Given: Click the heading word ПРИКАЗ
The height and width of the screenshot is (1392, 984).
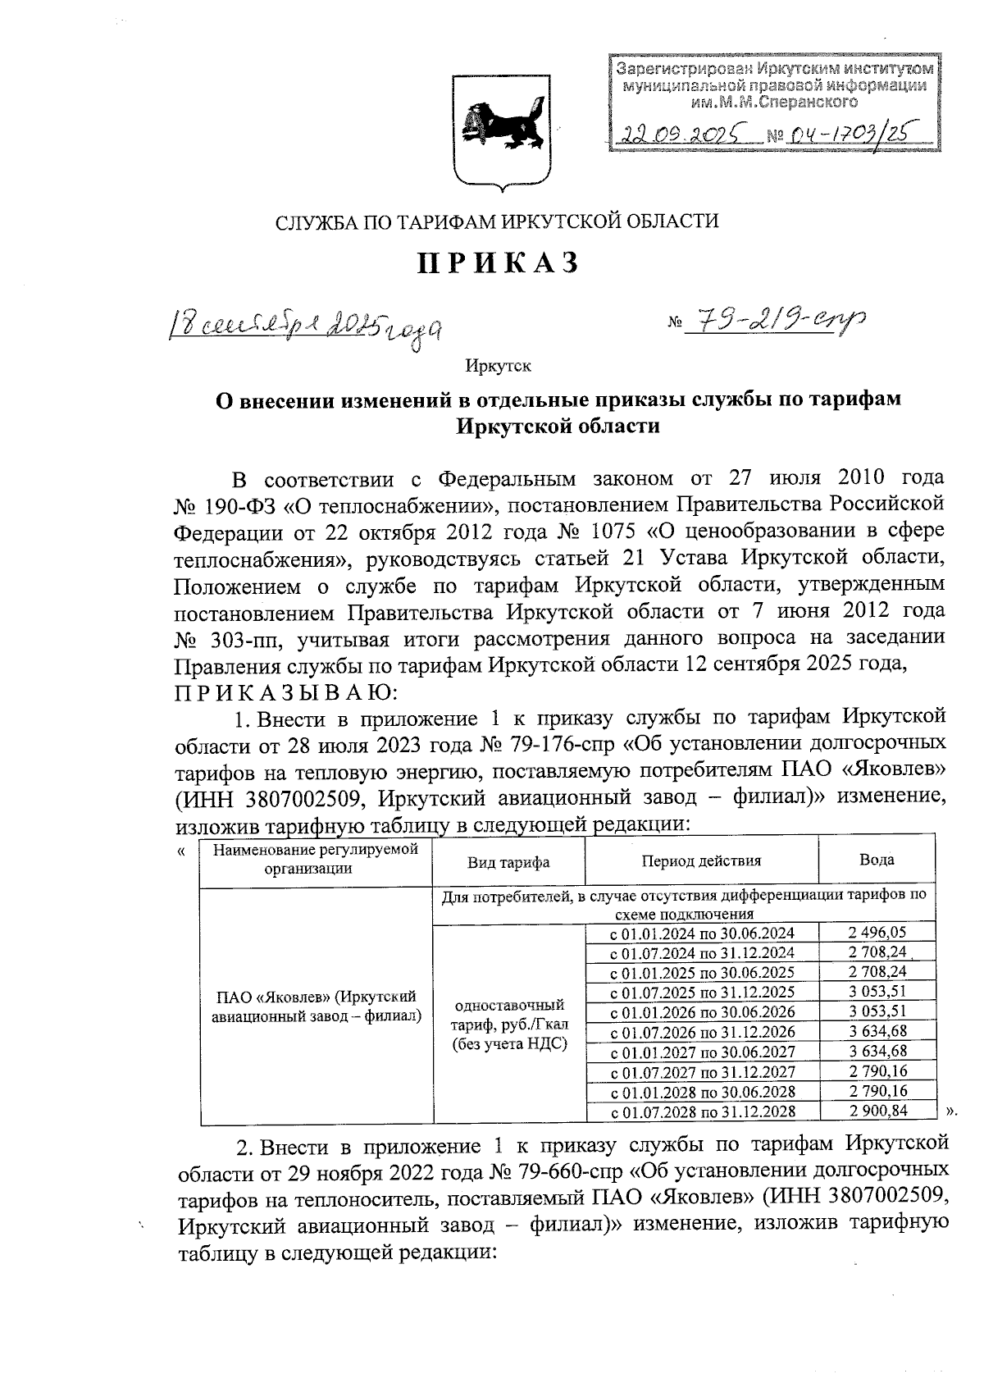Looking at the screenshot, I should tap(499, 262).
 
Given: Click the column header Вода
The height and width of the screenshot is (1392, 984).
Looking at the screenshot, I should tap(876, 860).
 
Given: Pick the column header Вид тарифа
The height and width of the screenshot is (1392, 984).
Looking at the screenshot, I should tap(508, 862).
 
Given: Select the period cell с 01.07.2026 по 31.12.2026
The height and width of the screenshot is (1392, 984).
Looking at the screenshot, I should tap(704, 1032).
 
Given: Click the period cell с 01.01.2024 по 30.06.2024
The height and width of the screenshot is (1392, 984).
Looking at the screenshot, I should tap(704, 933).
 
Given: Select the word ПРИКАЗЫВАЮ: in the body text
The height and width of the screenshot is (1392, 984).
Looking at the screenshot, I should tap(286, 693).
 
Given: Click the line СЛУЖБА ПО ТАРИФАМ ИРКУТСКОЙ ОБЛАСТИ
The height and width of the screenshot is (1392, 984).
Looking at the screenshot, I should tap(497, 221).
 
